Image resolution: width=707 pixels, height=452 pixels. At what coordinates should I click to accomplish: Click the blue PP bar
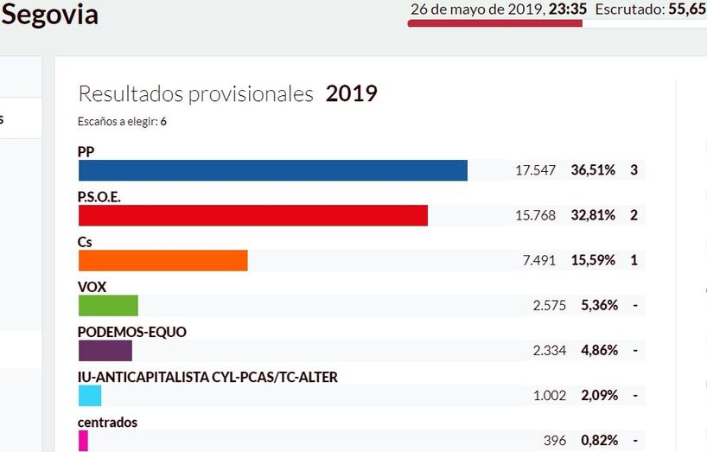(x=272, y=170)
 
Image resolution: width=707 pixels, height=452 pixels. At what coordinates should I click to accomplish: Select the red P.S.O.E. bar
(x=252, y=215)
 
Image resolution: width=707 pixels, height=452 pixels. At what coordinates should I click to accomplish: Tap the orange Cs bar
(x=162, y=260)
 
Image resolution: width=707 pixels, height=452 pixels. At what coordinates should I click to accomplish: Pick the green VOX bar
(x=108, y=305)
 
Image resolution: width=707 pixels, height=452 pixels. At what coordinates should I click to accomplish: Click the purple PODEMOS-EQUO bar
(x=105, y=350)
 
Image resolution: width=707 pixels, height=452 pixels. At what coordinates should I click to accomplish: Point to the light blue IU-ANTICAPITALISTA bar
(x=90, y=395)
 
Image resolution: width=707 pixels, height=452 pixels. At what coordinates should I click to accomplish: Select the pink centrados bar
(x=83, y=440)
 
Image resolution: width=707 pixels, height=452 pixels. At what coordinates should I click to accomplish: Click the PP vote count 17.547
(x=535, y=170)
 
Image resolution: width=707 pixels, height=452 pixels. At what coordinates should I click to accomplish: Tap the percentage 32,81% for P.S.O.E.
(x=593, y=215)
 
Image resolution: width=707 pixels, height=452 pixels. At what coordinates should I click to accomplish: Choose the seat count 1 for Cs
(x=634, y=260)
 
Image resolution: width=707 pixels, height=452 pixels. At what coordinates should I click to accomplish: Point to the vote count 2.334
(x=549, y=350)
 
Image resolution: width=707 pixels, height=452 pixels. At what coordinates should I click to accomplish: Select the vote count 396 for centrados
(x=555, y=440)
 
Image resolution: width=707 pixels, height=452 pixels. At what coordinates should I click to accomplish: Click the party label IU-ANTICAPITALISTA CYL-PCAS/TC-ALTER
(x=207, y=377)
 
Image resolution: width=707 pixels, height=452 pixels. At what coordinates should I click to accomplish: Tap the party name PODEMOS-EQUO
(x=131, y=332)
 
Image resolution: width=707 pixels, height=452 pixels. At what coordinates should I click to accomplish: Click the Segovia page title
(x=50, y=15)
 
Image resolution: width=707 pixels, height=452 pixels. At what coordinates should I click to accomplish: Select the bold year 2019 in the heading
(x=352, y=93)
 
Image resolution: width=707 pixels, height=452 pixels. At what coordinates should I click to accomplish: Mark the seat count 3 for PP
(x=634, y=170)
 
